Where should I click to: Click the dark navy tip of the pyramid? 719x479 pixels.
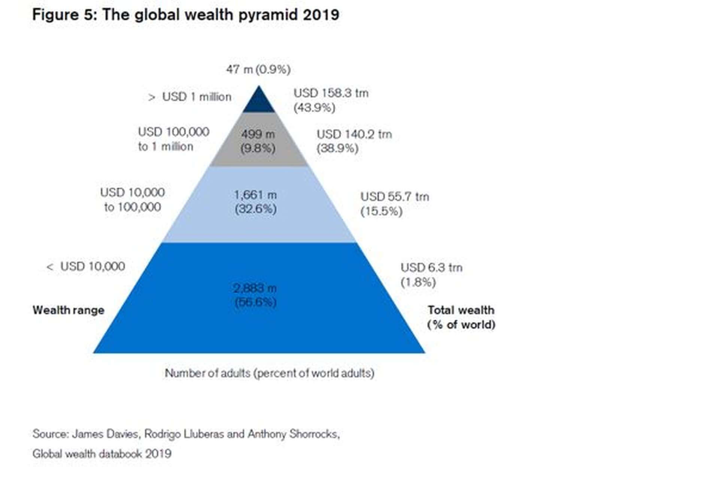point(259,103)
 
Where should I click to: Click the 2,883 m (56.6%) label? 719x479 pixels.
point(255,295)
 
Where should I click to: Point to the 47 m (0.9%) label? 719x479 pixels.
point(258,69)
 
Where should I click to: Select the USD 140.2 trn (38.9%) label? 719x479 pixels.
point(354,141)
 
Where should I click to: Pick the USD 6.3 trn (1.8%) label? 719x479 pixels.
point(431,274)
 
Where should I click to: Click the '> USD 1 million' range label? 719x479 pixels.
point(190,97)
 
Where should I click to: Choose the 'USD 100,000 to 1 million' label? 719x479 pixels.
point(173,139)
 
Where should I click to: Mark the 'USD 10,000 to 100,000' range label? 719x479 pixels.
point(132,199)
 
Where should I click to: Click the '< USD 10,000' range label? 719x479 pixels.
point(86,266)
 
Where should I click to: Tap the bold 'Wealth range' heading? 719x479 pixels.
point(68,310)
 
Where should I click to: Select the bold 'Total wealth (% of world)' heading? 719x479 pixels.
point(461,317)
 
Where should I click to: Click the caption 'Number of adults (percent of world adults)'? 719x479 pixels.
point(269,373)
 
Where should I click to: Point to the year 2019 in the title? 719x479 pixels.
point(321,15)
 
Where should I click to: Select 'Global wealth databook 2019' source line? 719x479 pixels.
point(102,454)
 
